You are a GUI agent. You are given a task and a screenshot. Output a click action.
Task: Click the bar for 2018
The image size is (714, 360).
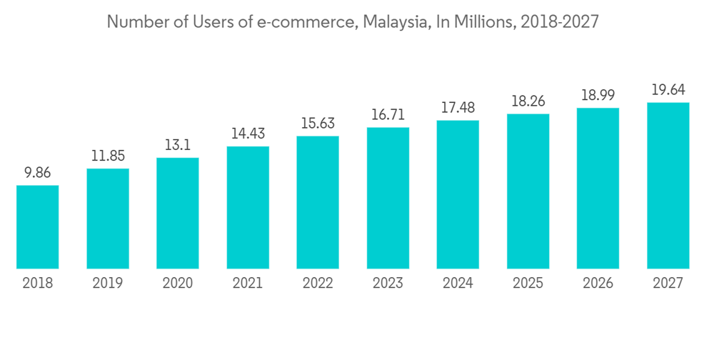tap(37, 227)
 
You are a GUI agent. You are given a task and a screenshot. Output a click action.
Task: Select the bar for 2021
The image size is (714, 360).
tap(248, 208)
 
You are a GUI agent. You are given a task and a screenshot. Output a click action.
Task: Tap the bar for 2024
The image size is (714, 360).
tap(458, 194)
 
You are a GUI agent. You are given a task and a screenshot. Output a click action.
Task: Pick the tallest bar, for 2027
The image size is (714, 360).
tap(668, 186)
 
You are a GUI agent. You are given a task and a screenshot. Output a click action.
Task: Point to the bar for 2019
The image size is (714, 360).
tap(108, 219)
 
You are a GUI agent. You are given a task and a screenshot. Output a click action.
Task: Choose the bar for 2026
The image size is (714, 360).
tap(598, 189)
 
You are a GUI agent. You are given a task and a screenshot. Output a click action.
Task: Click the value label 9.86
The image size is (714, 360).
tap(37, 173)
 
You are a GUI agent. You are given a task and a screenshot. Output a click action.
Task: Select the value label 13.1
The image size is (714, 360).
tap(178, 145)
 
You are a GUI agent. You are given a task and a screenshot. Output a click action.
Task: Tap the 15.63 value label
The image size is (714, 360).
tap(318, 123)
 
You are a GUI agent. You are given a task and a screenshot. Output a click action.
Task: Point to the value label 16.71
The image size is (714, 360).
tap(388, 114)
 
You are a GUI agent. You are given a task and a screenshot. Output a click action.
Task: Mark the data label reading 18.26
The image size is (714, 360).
tap(528, 101)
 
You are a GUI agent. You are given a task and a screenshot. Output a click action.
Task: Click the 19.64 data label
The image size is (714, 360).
tap(668, 90)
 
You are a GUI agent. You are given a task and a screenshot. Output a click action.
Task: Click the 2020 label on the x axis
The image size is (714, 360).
tap(178, 284)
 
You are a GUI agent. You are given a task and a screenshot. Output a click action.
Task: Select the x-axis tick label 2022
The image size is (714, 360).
tap(318, 284)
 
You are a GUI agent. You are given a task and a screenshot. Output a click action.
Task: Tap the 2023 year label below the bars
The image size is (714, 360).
tap(388, 284)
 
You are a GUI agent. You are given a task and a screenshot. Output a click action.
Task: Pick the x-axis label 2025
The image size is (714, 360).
tap(528, 284)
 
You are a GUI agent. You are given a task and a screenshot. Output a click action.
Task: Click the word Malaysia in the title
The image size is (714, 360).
tap(394, 22)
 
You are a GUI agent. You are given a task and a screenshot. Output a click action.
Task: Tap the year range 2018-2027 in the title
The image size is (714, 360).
tap(559, 22)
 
